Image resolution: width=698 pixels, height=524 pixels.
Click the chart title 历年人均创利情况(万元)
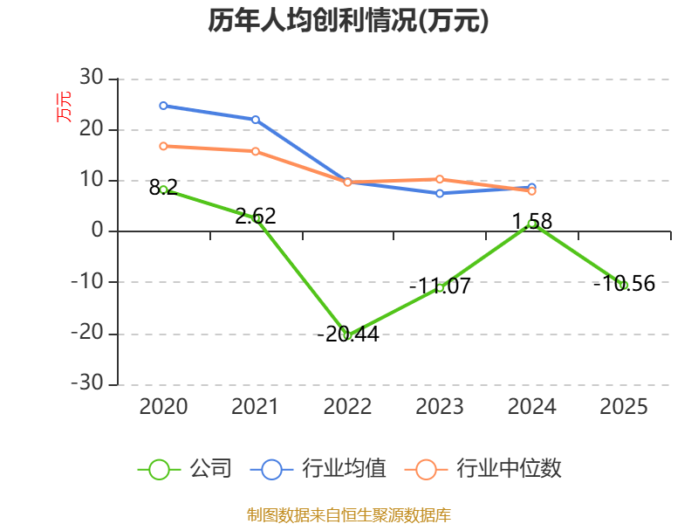click(x=348, y=21)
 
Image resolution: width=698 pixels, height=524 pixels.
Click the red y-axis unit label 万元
click(x=65, y=107)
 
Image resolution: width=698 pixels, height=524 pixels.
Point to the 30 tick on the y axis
click(x=91, y=79)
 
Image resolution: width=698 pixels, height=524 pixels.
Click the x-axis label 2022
click(x=347, y=407)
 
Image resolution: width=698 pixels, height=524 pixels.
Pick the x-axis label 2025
click(x=624, y=407)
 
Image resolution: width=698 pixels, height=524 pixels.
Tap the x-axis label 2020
click(x=163, y=407)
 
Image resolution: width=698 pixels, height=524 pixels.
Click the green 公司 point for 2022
click(x=347, y=334)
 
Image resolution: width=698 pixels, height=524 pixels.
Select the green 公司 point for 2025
click(x=624, y=285)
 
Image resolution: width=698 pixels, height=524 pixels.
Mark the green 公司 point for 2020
click(x=163, y=190)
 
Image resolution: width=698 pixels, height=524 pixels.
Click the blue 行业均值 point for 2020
click(x=163, y=106)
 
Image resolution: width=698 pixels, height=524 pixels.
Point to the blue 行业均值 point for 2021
click(x=256, y=120)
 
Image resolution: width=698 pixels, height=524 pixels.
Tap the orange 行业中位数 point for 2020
click(x=163, y=146)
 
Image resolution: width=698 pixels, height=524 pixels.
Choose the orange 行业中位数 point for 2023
click(x=440, y=179)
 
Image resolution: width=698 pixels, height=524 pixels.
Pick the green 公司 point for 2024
click(x=532, y=224)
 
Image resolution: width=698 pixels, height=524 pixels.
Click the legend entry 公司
click(x=185, y=469)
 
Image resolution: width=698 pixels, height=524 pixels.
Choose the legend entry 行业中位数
click(x=483, y=469)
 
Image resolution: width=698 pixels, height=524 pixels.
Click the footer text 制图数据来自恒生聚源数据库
click(x=348, y=514)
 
